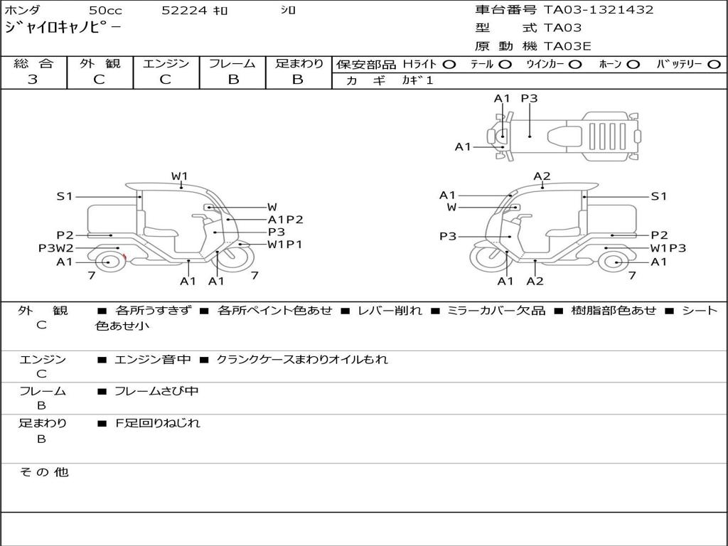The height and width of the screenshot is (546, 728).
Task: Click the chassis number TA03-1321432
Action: (x=599, y=10)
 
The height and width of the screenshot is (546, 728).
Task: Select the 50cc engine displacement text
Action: (x=105, y=10)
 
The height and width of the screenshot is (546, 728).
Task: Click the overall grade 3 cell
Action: (x=33, y=80)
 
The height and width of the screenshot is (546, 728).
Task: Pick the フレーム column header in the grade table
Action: (x=232, y=63)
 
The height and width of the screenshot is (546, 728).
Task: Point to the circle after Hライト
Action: (x=449, y=64)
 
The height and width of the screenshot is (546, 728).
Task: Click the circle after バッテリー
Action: (x=713, y=64)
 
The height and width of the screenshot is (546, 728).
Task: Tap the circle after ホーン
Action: (x=633, y=64)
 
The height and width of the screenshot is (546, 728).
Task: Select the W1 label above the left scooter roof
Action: (x=179, y=176)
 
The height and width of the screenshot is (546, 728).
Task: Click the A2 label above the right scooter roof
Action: (x=542, y=176)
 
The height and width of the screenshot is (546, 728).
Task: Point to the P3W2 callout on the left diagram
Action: (x=56, y=248)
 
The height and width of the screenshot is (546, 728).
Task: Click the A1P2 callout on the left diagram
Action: (x=286, y=220)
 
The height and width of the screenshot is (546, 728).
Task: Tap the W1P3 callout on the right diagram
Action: (x=668, y=248)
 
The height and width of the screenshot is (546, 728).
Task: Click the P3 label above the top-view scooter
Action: (x=529, y=99)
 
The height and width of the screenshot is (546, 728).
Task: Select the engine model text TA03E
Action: (x=567, y=46)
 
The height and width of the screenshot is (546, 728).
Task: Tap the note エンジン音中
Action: (x=152, y=360)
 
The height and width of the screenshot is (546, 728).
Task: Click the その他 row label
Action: (x=44, y=472)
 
